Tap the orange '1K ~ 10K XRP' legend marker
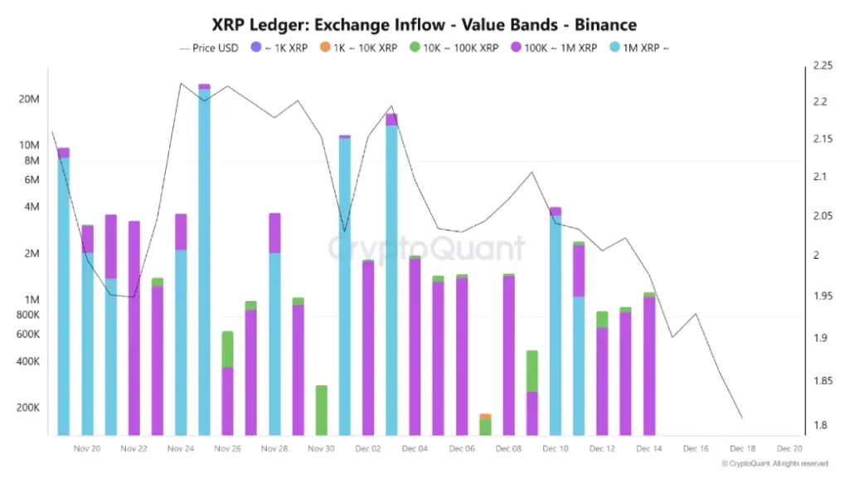click(323, 48)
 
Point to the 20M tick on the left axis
click(29, 100)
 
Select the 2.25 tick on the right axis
click(823, 66)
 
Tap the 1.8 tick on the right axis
click(820, 426)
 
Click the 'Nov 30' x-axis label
click(321, 448)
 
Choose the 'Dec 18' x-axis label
click(742, 448)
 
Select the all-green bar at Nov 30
click(321, 411)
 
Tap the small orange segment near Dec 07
click(485, 416)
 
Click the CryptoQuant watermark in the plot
click(426, 248)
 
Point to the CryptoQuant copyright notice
click(774, 464)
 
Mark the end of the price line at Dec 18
click(742, 418)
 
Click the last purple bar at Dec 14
click(649, 365)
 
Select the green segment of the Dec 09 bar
click(532, 371)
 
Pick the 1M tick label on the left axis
click(29, 300)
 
